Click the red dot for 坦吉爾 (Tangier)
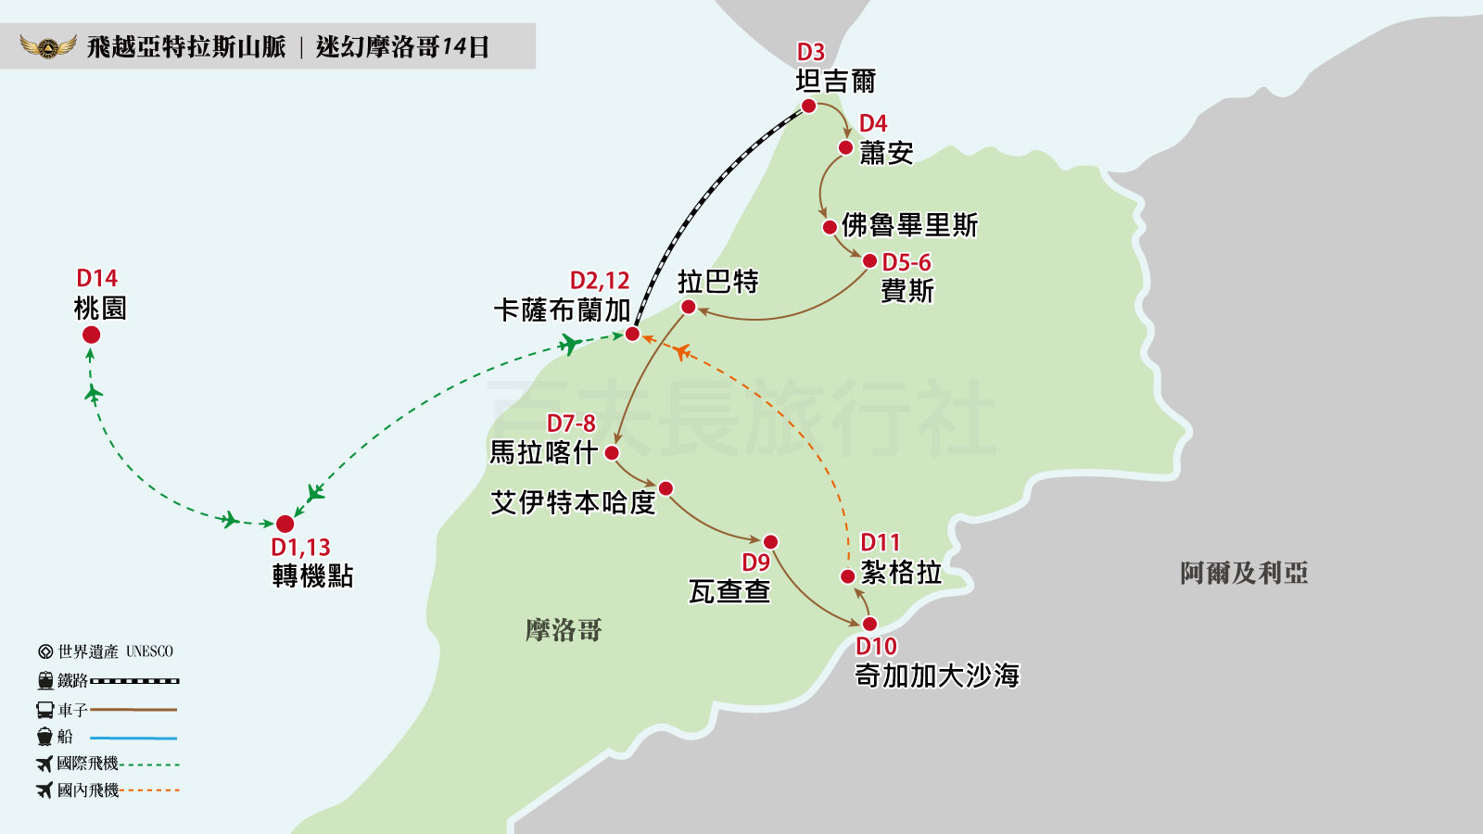(x=808, y=107)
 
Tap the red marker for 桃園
(x=91, y=335)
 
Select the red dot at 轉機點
(x=285, y=524)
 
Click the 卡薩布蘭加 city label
(x=562, y=310)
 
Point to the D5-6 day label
(x=906, y=263)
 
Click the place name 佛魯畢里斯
(x=909, y=225)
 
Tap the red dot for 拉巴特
(x=688, y=307)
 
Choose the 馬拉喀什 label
(x=543, y=452)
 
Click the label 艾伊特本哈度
(x=573, y=502)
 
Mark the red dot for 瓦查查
(x=770, y=542)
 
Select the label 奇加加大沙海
(x=937, y=676)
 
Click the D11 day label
(x=880, y=543)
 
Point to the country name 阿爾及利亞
(x=1244, y=574)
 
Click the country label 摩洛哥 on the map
(x=564, y=631)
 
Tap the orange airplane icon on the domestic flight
(x=681, y=352)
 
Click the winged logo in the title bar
(x=47, y=46)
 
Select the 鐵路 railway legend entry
(x=72, y=681)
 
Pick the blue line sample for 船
(x=133, y=739)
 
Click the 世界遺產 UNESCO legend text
(x=115, y=651)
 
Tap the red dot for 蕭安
(x=845, y=147)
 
